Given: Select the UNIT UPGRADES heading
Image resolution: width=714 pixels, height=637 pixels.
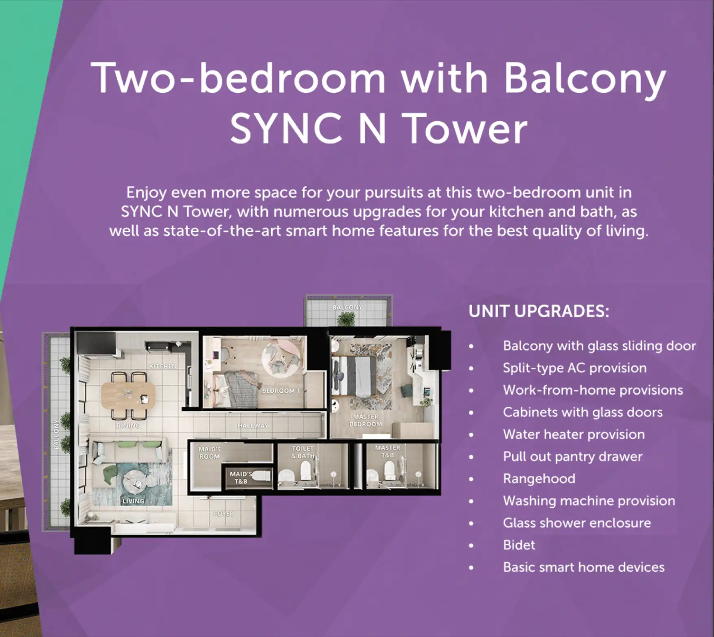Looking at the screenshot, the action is coord(539,311).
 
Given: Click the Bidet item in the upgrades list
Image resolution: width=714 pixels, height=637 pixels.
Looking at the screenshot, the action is coord(519,545).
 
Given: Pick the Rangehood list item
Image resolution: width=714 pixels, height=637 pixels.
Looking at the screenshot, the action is coord(539,479).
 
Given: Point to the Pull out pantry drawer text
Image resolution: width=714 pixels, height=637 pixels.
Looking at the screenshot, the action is coord(573,457).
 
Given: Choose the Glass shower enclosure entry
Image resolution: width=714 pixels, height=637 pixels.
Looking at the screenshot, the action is coord(577,523).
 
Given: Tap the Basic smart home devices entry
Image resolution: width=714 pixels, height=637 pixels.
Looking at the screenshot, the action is coord(584,567).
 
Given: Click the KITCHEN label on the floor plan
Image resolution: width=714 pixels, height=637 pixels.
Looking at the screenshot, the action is coord(163,366).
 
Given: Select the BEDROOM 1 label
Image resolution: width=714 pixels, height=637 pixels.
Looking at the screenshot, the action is coord(281,391).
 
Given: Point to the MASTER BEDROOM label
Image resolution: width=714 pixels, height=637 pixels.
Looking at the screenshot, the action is coord(366,420).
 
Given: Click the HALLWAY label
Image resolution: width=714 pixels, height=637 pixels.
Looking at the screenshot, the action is coord(253,425).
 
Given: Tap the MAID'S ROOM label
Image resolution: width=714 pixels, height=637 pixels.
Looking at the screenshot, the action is coord(209,453).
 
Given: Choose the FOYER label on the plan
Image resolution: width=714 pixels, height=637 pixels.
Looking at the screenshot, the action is coord(223,514).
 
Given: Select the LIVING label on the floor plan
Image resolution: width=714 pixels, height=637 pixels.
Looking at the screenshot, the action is coord(134,501).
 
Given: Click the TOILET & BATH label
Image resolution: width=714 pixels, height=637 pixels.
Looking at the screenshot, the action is coord(303,452).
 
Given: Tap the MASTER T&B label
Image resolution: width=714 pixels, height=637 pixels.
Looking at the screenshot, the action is coord(388,452).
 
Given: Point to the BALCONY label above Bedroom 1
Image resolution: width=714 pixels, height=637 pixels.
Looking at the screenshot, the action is coord(347,307).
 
